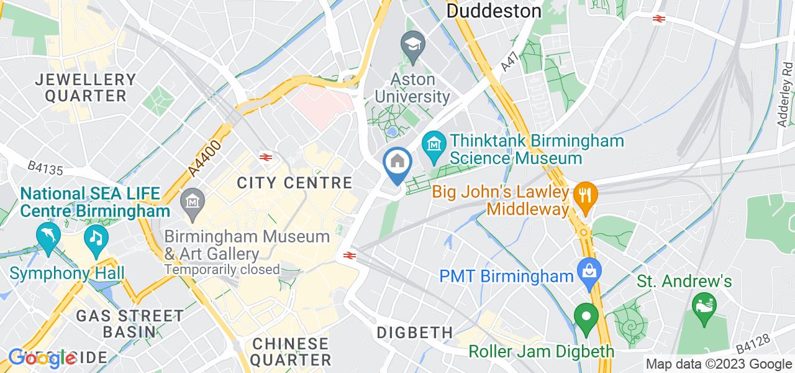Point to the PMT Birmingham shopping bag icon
[x=588, y=270]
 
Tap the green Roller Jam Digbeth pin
[x=584, y=317]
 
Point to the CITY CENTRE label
[x=295, y=183]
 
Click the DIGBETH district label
[x=415, y=333]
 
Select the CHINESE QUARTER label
[x=291, y=351]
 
